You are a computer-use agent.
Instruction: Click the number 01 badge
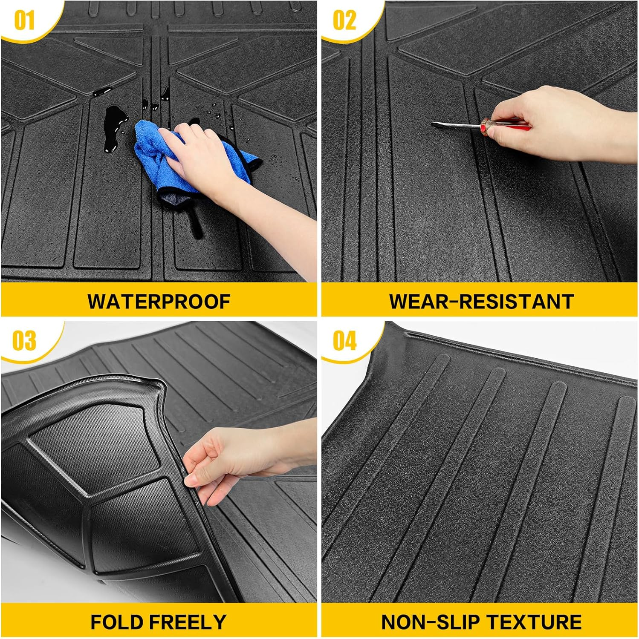point(24,20)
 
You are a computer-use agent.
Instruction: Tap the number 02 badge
point(344,20)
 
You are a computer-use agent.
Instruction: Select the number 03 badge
point(24,341)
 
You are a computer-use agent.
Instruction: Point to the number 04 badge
point(344,341)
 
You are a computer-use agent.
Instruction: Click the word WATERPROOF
point(159,302)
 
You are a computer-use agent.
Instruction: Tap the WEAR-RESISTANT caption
point(481,302)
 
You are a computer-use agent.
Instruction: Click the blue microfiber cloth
point(158,158)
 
